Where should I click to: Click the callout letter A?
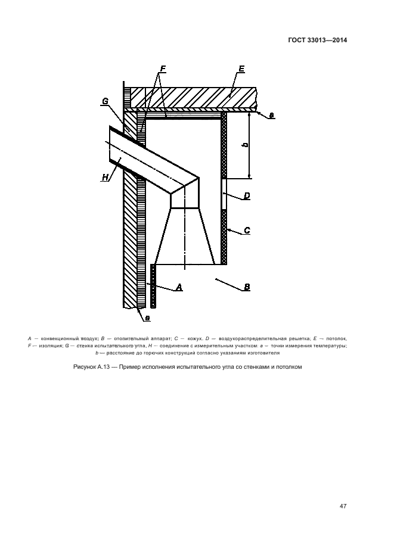pos(178,287)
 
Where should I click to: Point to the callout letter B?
pos(247,287)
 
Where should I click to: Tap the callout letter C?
pos(247,230)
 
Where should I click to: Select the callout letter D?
pos(246,195)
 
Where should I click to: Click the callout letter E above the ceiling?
pos(241,69)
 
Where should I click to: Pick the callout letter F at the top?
pos(162,69)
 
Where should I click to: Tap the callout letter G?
pos(105,101)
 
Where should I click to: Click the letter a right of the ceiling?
pos(272,116)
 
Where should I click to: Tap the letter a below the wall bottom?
pos(147,318)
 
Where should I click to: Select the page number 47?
pos(343,506)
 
